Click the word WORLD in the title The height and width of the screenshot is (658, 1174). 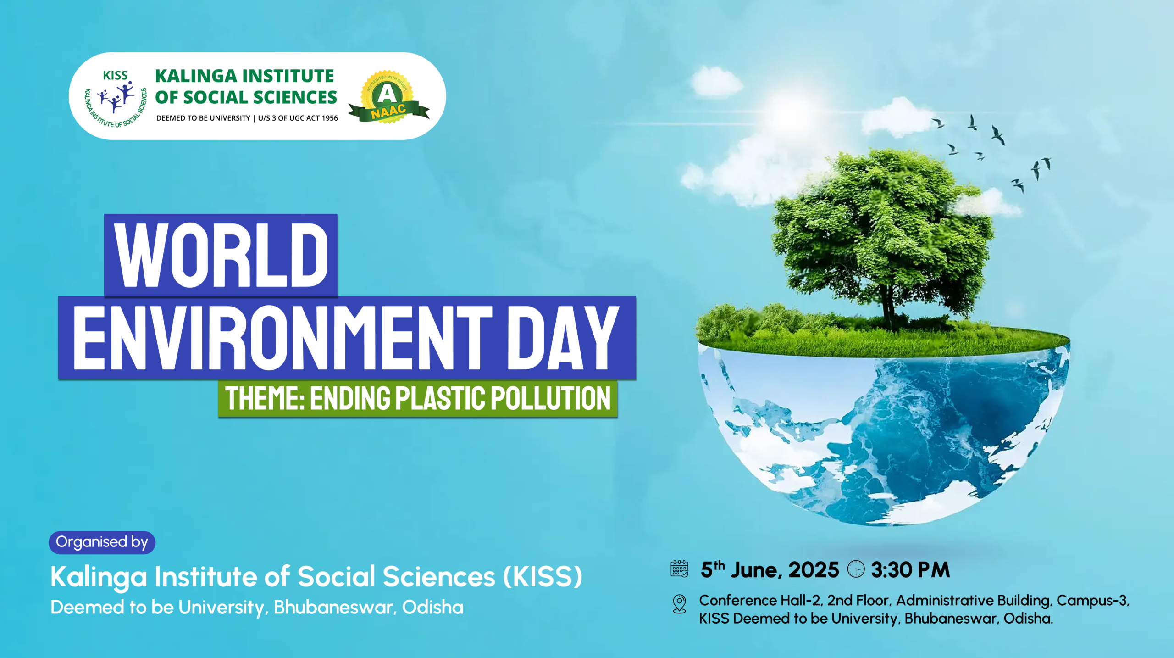pyautogui.click(x=221, y=256)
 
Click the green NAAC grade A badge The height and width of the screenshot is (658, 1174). pyautogui.click(x=388, y=97)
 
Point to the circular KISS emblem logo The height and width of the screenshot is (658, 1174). pyautogui.click(x=116, y=98)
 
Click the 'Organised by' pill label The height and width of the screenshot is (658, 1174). pyautogui.click(x=102, y=542)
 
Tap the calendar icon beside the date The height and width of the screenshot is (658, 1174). pyautogui.click(x=679, y=569)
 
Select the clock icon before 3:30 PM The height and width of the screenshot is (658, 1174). pyautogui.click(x=856, y=569)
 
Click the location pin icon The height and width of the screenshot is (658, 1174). pyautogui.click(x=679, y=604)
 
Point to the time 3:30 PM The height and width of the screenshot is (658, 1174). pyautogui.click(x=910, y=570)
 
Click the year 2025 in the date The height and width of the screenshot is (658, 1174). pyautogui.click(x=814, y=570)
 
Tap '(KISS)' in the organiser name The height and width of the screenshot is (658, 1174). pyautogui.click(x=543, y=576)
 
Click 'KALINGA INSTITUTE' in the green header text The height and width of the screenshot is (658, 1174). pyautogui.click(x=244, y=76)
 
